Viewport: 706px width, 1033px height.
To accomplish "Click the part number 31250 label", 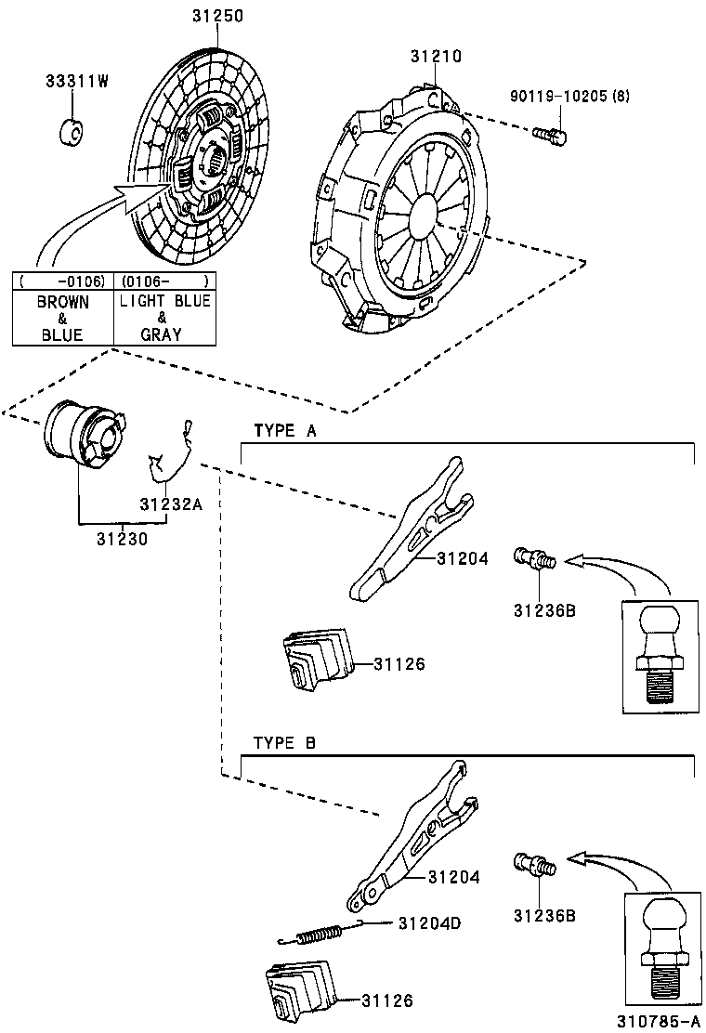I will (217, 16).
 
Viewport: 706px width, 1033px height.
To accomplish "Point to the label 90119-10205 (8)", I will (569, 97).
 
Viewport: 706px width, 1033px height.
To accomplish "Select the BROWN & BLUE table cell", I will (62, 318).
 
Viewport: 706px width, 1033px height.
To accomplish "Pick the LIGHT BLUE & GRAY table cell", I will (164, 318).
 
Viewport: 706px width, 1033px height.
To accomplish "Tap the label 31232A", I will (170, 504).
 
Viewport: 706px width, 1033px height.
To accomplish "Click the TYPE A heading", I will (285, 431).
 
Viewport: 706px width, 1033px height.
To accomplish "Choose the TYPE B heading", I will (285, 742).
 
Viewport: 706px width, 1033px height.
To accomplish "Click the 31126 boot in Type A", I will (314, 660).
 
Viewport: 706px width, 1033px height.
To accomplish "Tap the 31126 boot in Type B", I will (298, 990).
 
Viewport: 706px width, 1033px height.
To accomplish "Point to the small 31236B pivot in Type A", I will (534, 559).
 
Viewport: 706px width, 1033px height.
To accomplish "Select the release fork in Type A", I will (409, 530).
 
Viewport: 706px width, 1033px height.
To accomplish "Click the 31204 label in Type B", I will (454, 876).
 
